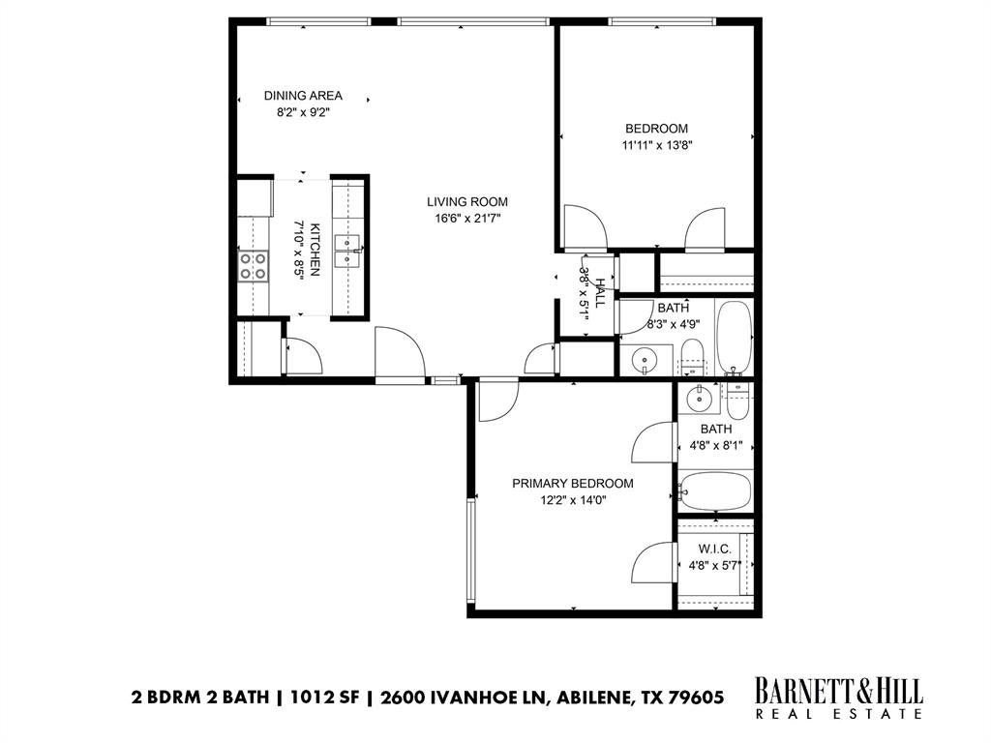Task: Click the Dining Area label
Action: coord(303,96)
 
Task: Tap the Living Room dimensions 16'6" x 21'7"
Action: coord(467,219)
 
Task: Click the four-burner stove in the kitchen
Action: coord(254,265)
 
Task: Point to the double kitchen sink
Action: coord(346,251)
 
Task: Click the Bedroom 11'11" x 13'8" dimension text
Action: coord(656,146)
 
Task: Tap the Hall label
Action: coord(600,293)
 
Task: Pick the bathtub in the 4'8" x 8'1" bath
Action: coord(715,491)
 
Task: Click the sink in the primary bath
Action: coord(697,397)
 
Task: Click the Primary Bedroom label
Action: coord(573,484)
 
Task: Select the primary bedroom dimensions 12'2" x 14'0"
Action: coord(573,501)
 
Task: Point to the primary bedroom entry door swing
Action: coord(496,400)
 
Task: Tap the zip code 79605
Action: coord(695,697)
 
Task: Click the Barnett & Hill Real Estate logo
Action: coord(838,698)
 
